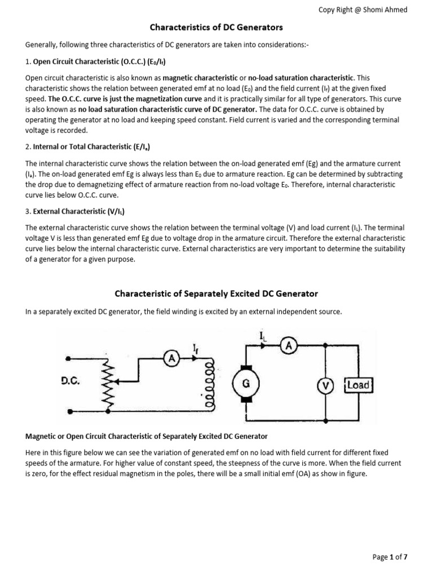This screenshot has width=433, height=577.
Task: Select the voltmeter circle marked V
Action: pos(325,386)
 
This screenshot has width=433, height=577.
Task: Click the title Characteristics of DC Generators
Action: pos(216,27)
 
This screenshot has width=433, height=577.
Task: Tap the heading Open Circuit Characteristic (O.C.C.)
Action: pos(99,61)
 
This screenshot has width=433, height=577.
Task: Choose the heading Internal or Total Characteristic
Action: pos(91,147)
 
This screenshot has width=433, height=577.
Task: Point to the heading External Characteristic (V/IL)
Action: pos(79,212)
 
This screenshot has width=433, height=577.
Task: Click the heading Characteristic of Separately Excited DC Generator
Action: pos(216,294)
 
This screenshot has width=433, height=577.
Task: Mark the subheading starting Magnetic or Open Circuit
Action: pos(147,437)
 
